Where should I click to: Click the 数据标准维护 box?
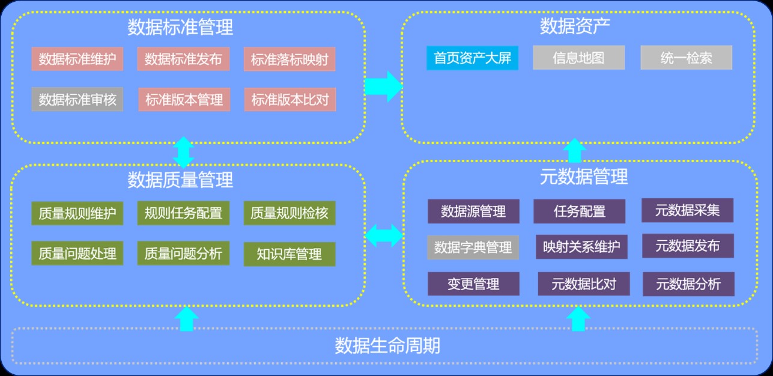[x=77, y=59]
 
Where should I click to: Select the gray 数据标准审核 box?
[x=77, y=99]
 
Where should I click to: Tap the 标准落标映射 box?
[x=289, y=59]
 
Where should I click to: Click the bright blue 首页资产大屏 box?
[x=472, y=58]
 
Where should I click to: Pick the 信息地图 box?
[x=578, y=58]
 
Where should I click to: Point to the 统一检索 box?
[x=686, y=58]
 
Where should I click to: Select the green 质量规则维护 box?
[x=77, y=213]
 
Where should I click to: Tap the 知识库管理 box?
[x=289, y=254]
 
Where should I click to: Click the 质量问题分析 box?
[x=183, y=253]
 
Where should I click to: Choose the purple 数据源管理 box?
[x=473, y=211]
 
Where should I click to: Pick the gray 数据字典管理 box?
[x=473, y=247]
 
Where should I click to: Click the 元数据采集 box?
[x=687, y=210]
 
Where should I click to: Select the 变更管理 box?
[x=473, y=284]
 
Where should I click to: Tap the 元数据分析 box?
[x=688, y=284]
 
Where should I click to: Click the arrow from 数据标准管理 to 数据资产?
[x=383, y=86]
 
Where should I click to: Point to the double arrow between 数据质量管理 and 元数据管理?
[x=384, y=235]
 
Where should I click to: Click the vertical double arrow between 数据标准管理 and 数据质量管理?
[x=183, y=152]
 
